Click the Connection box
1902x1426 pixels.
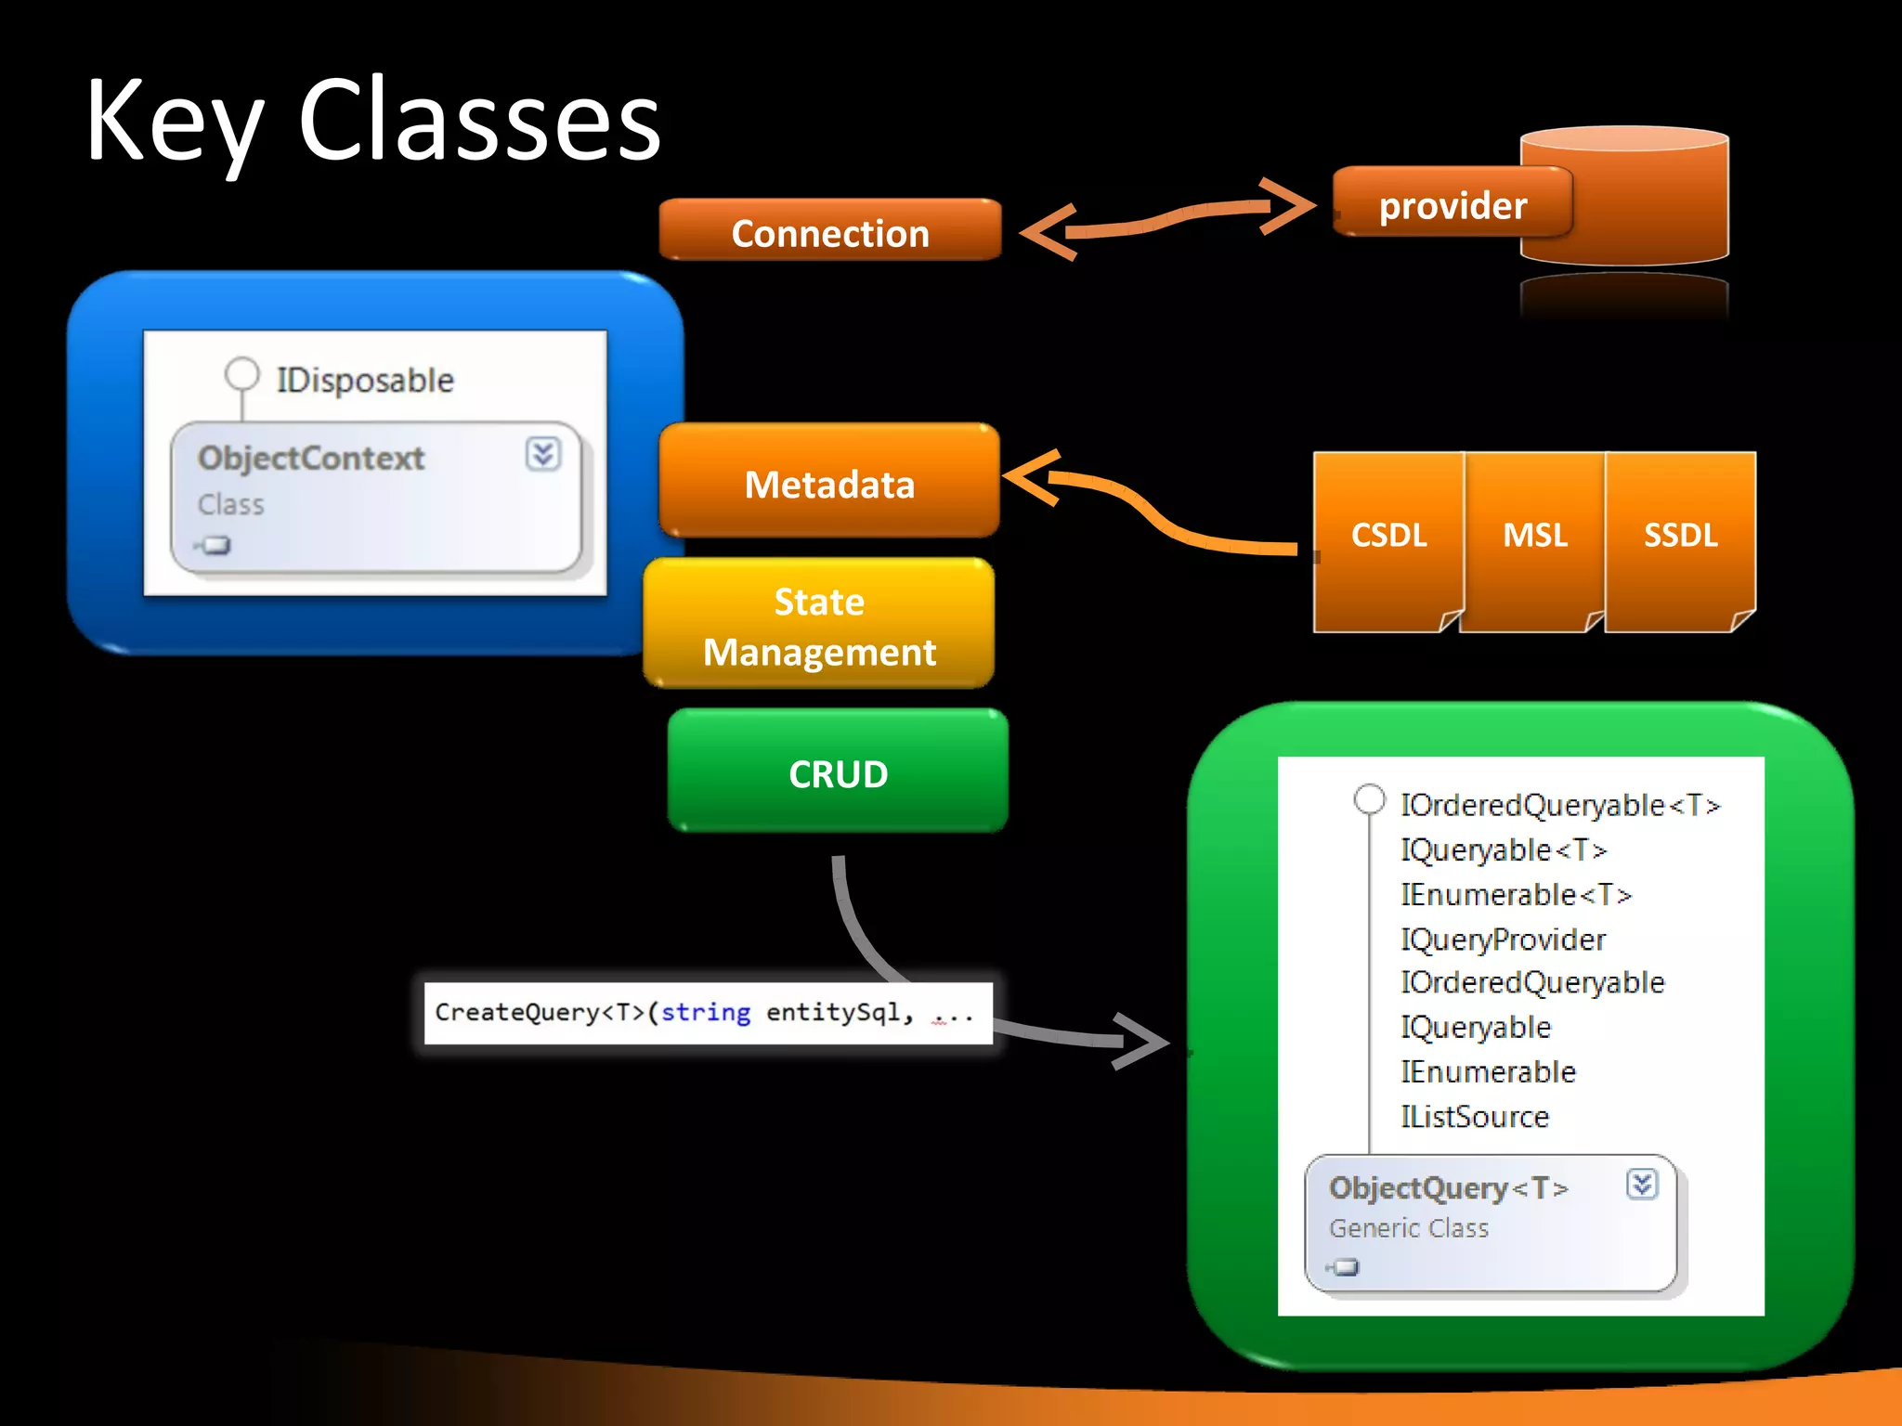point(829,231)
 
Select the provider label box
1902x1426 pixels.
point(1452,203)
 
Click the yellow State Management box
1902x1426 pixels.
point(819,625)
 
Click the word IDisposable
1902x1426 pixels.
point(365,380)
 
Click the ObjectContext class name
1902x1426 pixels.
point(310,458)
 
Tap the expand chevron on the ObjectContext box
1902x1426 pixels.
point(542,454)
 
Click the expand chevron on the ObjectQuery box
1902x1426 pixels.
point(1641,1184)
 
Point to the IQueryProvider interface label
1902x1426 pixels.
point(1503,940)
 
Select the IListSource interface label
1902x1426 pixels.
point(1475,1117)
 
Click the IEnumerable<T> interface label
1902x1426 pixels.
point(1516,895)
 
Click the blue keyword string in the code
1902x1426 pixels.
point(706,1012)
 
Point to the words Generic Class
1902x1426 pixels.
point(1408,1228)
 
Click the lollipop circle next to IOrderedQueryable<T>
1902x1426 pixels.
point(1369,799)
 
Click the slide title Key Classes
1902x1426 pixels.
point(372,122)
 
